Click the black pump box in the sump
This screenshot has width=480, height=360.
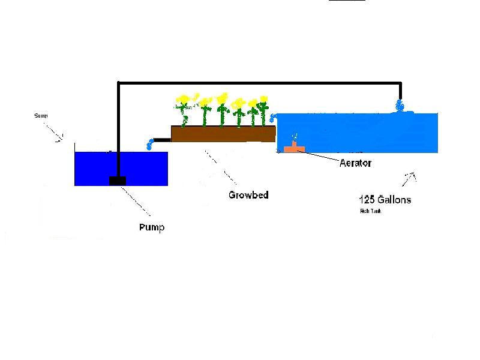117,181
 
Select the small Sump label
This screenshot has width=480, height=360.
40,115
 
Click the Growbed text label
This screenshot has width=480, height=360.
248,195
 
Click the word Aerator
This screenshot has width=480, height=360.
355,163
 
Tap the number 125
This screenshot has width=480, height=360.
367,200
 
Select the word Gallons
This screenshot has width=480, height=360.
395,200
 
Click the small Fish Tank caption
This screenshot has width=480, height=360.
370,211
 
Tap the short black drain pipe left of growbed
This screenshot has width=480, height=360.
162,140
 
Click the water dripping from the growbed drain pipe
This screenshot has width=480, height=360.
149,144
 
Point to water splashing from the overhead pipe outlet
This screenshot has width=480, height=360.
401,106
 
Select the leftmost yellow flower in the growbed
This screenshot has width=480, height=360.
183,99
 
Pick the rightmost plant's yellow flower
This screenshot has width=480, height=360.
263,100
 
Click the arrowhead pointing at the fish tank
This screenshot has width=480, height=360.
412,176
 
